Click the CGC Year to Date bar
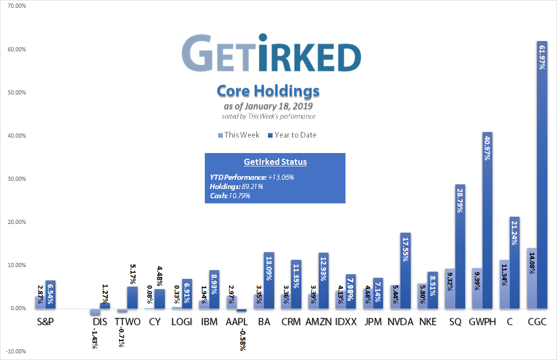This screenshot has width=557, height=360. tap(540, 175)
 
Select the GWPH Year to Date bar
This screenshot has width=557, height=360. tap(485, 220)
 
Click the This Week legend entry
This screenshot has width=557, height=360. tap(236, 135)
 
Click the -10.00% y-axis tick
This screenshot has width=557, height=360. tap(16, 352)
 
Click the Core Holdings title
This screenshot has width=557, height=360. tap(268, 91)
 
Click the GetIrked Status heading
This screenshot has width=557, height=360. tap(275, 162)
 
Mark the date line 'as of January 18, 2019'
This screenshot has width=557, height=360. tap(268, 106)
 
